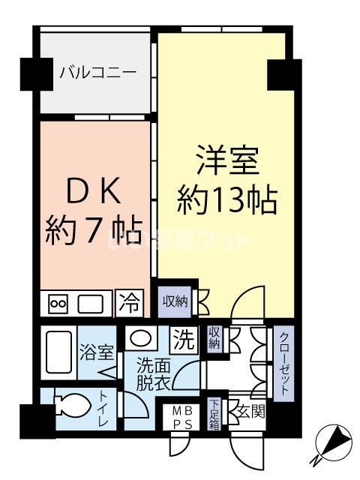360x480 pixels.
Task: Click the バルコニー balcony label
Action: (x=97, y=73)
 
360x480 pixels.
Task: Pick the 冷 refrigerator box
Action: (x=130, y=303)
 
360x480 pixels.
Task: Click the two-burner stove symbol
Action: (x=58, y=304)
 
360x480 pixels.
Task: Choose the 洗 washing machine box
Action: (x=183, y=339)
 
